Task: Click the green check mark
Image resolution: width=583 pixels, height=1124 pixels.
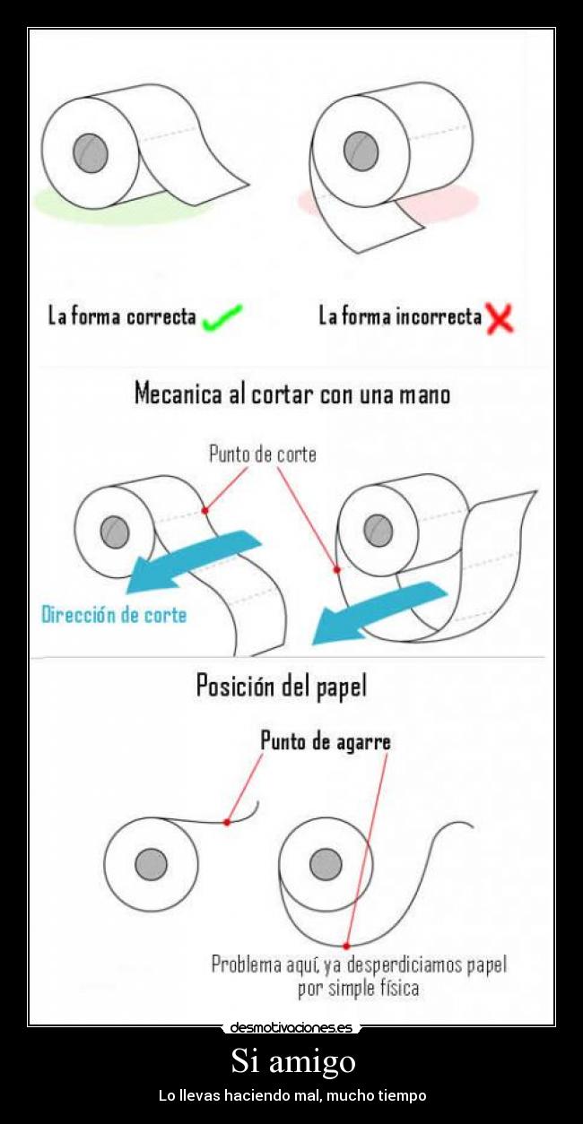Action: (x=222, y=316)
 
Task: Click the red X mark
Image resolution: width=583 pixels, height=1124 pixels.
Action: (x=500, y=318)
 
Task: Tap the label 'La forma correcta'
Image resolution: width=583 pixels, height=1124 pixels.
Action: (x=122, y=316)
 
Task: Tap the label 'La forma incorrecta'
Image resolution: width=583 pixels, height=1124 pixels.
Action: (x=400, y=316)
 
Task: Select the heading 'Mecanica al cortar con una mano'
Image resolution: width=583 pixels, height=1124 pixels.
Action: (x=291, y=393)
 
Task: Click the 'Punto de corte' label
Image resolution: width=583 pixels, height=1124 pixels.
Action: (x=262, y=454)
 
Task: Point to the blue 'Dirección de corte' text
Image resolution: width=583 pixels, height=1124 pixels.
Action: (x=114, y=615)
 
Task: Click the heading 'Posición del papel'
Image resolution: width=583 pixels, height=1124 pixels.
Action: (x=281, y=687)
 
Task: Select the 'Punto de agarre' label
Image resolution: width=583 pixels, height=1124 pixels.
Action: (x=325, y=741)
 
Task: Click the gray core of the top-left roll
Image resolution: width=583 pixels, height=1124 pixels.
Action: (x=90, y=152)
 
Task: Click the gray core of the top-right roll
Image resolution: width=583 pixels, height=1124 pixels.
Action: (x=361, y=151)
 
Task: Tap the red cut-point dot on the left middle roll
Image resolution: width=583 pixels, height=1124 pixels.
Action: (x=205, y=510)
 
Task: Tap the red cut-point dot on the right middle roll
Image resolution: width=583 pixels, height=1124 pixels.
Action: (x=336, y=569)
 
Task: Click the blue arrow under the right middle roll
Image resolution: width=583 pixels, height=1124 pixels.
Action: (x=377, y=614)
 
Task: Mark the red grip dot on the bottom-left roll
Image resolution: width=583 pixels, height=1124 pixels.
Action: (x=227, y=822)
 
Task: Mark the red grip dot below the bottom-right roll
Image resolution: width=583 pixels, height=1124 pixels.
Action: (x=346, y=945)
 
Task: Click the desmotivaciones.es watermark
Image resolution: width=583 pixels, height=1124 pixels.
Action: (x=291, y=1027)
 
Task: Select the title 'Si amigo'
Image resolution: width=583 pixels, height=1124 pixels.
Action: (x=292, y=1061)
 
